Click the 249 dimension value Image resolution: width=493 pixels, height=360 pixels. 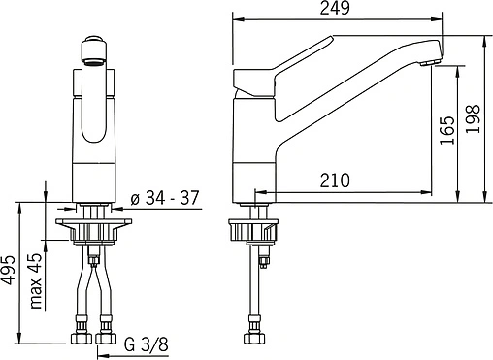click(335, 9)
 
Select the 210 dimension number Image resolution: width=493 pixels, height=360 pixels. click(335, 180)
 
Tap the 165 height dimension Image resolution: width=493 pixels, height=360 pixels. click(447, 130)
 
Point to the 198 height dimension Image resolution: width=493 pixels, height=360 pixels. click(473, 118)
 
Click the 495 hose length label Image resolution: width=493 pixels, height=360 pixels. click(8, 271)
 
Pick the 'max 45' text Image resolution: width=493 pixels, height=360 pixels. click(36, 280)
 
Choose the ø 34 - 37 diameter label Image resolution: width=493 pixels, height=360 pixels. click(165, 198)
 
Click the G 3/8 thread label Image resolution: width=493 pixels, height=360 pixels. click(147, 344)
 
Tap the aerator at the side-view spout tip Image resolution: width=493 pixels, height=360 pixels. click(430, 63)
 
